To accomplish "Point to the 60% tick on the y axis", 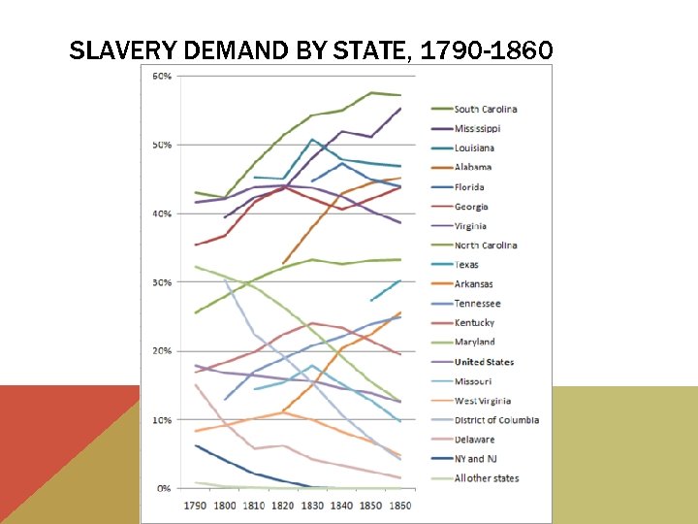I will click(162, 76).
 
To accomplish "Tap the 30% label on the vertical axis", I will click(162, 282).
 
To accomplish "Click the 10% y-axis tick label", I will click(162, 420).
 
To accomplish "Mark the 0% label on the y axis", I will click(164, 489).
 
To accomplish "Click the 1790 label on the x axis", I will click(196, 507).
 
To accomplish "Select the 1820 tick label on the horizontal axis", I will click(284, 507).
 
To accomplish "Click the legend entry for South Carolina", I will click(486, 110).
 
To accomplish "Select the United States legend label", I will click(484, 362).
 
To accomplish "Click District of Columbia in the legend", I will click(496, 420).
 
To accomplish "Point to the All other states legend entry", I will click(487, 478).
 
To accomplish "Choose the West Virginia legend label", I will click(483, 401).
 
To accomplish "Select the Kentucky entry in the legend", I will click(474, 323).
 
